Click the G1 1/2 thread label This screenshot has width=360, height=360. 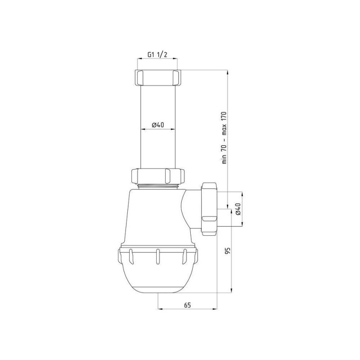pos(157,54)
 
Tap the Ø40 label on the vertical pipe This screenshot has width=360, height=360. pos(158,125)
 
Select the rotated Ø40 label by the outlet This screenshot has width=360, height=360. pos(238,209)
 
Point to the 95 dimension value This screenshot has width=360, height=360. pos(228,251)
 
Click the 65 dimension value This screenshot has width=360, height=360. pos(187,305)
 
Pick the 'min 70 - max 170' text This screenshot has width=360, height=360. pos(224,138)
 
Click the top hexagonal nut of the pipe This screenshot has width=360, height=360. pos(157,77)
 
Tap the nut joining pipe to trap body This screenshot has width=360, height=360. pos(158,176)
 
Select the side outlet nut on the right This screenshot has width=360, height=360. pos(209,209)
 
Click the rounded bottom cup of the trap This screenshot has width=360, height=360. pos(158,271)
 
